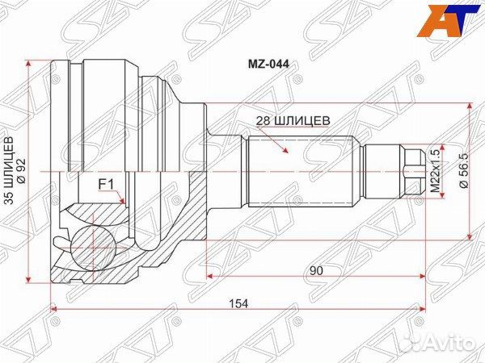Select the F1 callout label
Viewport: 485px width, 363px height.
click(105, 185)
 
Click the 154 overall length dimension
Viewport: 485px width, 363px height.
click(236, 302)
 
